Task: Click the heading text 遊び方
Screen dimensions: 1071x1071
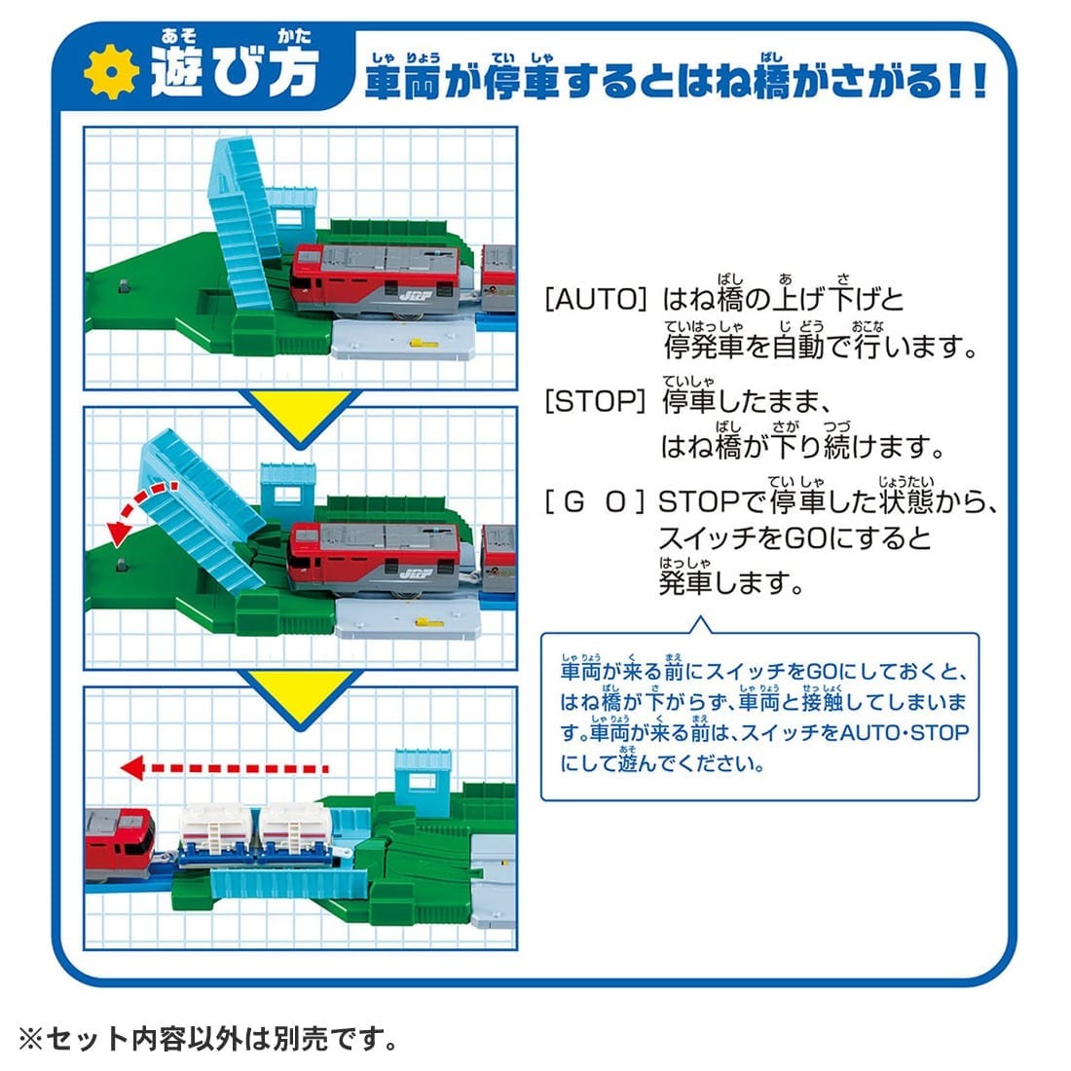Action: coord(234,71)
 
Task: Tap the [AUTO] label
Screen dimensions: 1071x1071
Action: coord(595,299)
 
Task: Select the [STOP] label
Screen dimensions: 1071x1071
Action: coord(595,401)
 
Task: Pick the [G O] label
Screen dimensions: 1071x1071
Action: coord(595,503)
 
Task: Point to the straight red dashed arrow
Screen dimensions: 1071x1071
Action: coord(224,768)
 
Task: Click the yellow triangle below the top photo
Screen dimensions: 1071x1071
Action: coord(301,409)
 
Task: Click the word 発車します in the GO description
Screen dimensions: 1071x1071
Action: coord(730,583)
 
